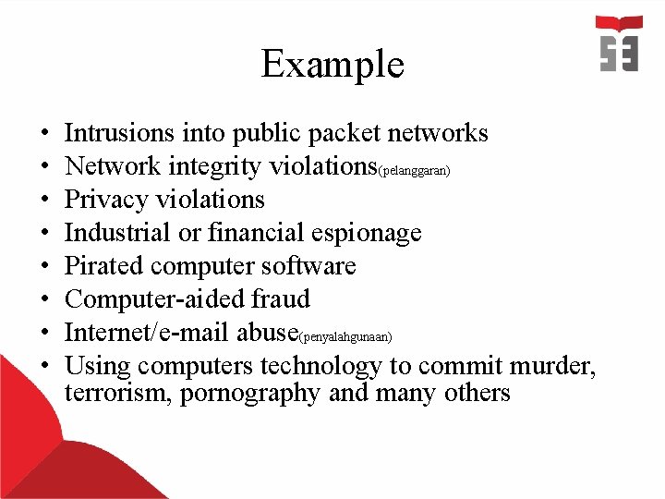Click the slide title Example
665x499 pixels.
coord(332,65)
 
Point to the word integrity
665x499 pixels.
coord(197,167)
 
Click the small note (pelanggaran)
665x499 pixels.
coord(413,172)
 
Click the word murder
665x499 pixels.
coord(550,367)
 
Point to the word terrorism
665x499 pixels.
coord(118,394)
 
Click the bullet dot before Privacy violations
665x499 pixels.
coord(45,201)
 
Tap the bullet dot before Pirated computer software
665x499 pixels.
coord(45,267)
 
